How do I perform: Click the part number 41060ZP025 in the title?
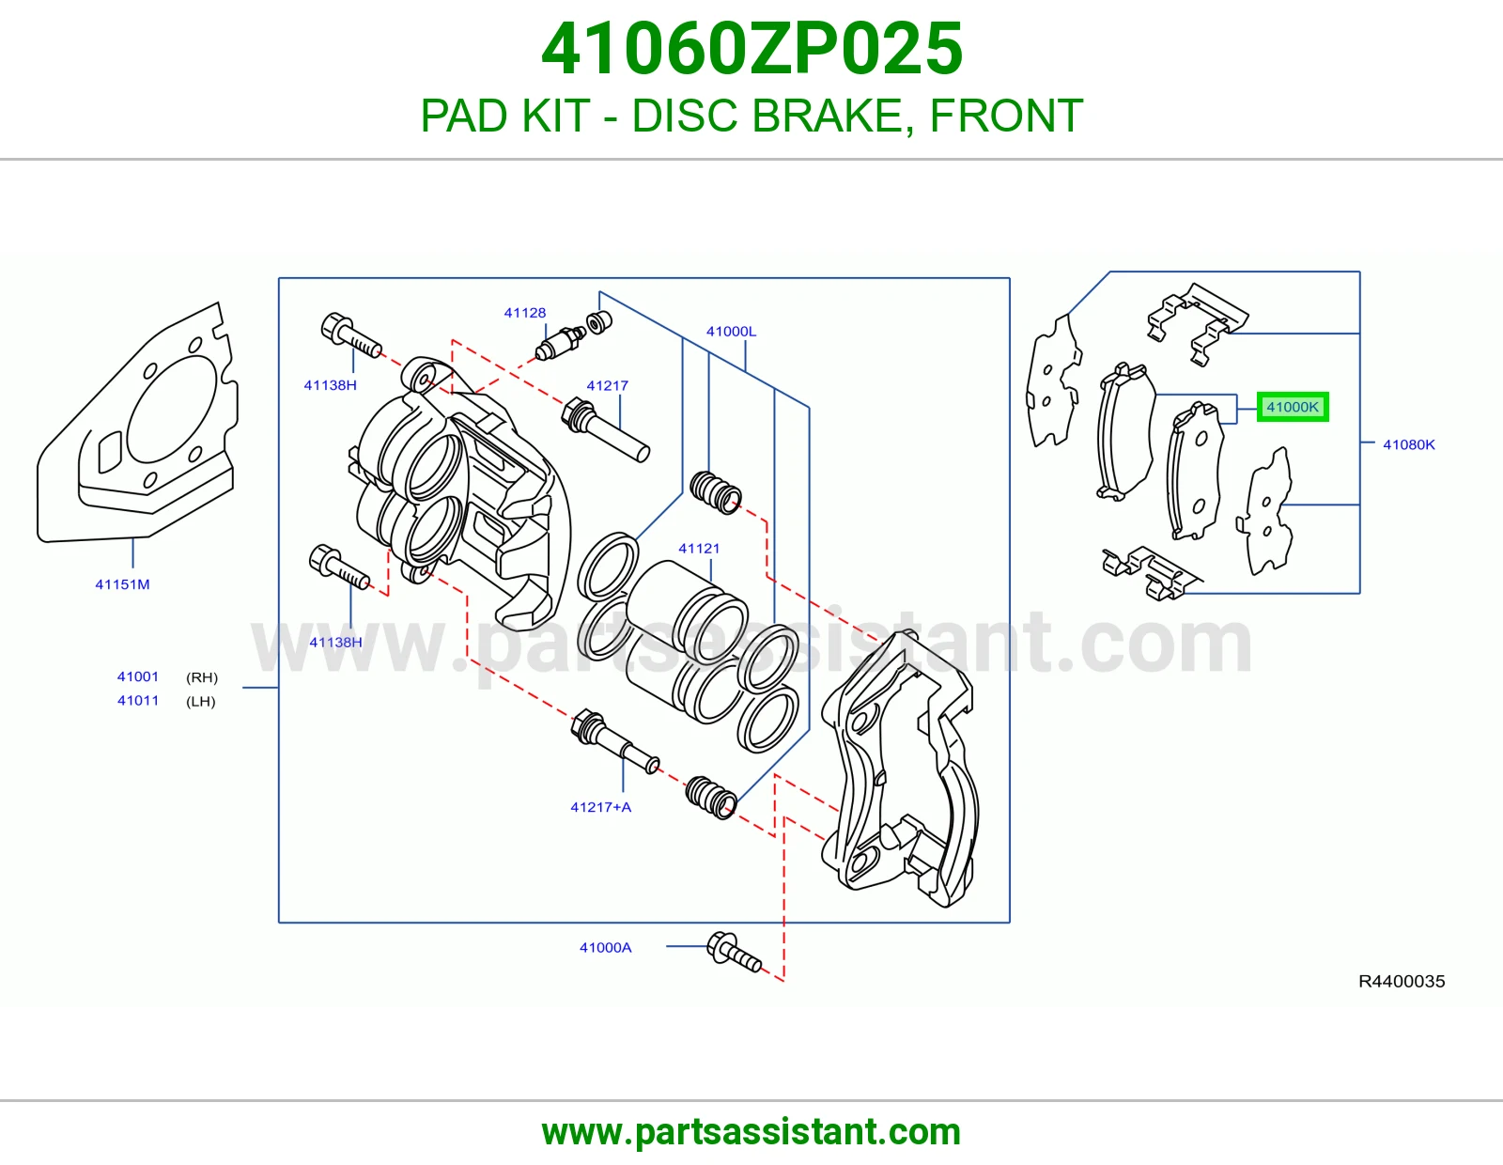751,49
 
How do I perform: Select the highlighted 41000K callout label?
1292,407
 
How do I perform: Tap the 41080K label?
1408,444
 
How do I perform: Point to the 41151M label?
122,584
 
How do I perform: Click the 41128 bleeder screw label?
525,313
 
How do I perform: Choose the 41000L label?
731,332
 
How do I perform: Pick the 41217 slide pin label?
607,386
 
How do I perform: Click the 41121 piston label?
699,549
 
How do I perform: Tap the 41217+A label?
600,807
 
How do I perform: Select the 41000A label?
605,948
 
